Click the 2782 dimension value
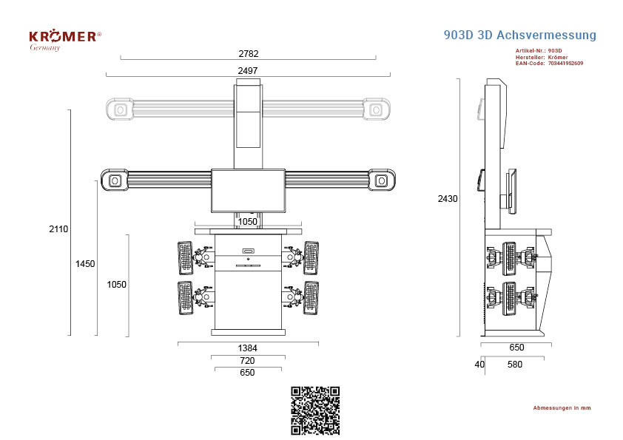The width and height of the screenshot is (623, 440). (249, 53)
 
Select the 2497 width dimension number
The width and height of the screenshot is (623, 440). (248, 71)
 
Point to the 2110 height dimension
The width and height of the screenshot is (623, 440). (58, 229)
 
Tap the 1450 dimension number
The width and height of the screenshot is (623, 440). (85, 264)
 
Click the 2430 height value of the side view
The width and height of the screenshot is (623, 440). (448, 199)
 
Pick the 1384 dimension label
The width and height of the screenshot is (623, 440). (248, 348)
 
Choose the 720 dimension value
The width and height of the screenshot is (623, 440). (247, 361)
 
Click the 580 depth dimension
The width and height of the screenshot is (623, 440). (514, 364)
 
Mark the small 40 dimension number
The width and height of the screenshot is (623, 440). (479, 364)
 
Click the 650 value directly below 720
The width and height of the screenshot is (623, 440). (247, 373)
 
